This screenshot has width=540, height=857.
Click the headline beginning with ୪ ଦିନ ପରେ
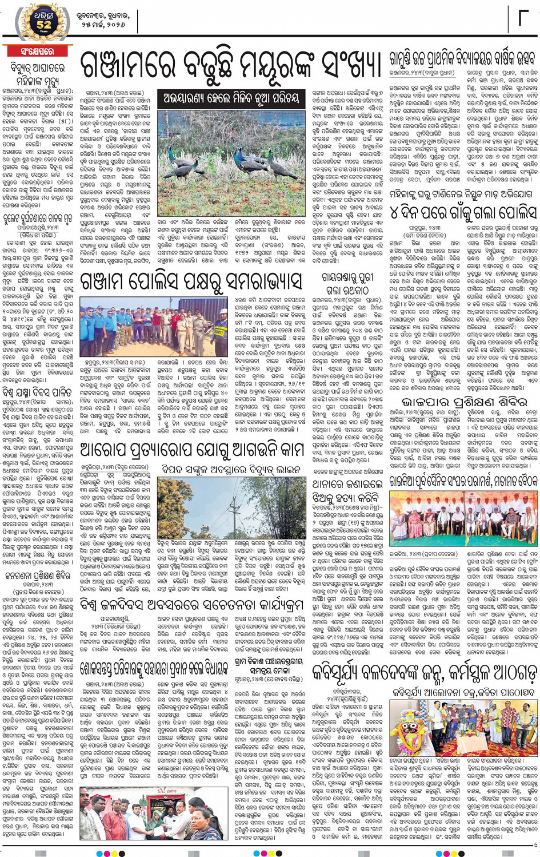[463, 213]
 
